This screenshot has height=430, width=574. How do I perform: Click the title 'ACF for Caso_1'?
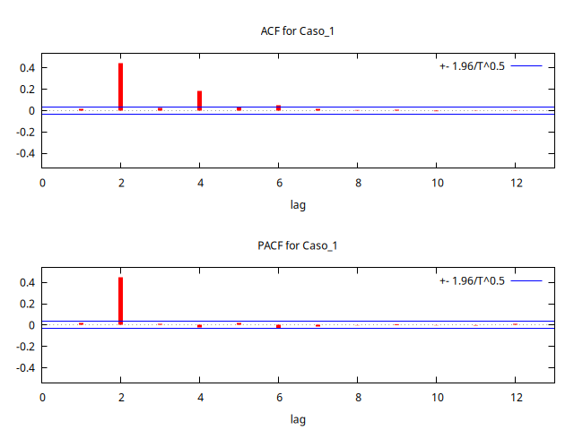(x=297, y=31)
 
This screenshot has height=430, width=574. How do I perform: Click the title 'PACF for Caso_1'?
(x=297, y=246)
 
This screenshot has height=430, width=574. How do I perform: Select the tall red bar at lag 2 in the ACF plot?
(x=120, y=87)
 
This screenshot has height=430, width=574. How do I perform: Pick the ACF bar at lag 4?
(x=199, y=100)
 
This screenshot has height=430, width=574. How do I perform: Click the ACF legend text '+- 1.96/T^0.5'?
(x=473, y=66)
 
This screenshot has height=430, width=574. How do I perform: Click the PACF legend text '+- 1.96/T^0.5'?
(x=473, y=281)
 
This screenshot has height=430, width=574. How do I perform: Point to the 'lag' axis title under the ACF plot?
(x=298, y=204)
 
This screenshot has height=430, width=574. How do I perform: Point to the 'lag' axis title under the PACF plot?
(x=298, y=418)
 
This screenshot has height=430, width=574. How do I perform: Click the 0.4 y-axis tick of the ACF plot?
(x=25, y=68)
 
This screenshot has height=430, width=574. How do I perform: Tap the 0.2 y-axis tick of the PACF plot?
(x=25, y=304)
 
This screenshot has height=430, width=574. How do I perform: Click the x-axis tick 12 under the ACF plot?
(x=515, y=183)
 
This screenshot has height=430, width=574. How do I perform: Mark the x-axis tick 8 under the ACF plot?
(x=357, y=183)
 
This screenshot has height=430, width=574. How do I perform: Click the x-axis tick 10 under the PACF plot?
(x=436, y=398)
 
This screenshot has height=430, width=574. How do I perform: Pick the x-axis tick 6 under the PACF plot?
(x=278, y=398)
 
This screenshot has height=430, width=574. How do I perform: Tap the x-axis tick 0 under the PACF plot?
(x=42, y=398)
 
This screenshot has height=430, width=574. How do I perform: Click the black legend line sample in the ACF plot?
(x=527, y=66)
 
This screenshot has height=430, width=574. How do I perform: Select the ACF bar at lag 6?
(x=278, y=107)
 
